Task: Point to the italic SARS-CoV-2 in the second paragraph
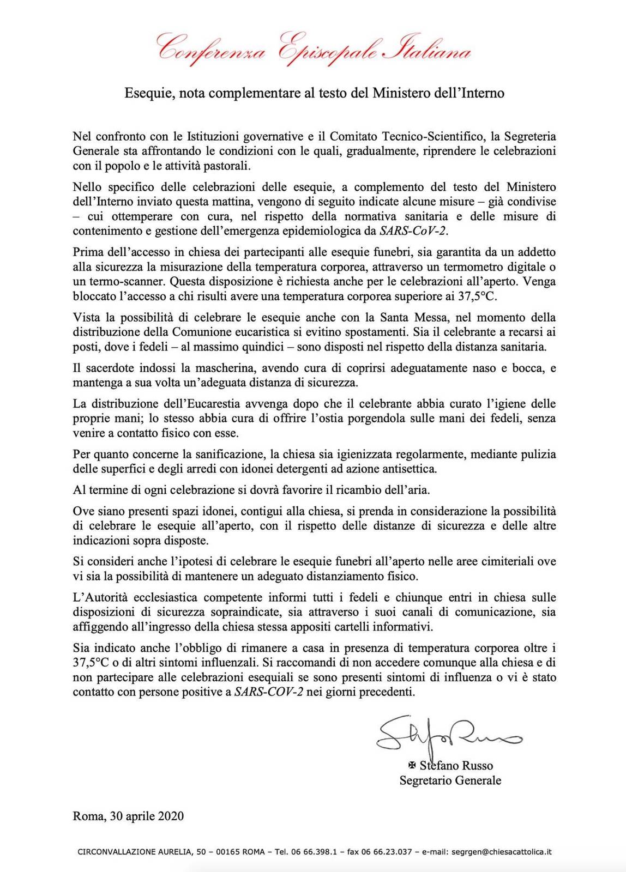[x=413, y=231]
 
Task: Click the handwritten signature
[x=447, y=733]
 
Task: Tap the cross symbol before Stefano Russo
[x=412, y=765]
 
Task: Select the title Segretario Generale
[x=450, y=780]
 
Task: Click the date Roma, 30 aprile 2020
[x=128, y=816]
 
